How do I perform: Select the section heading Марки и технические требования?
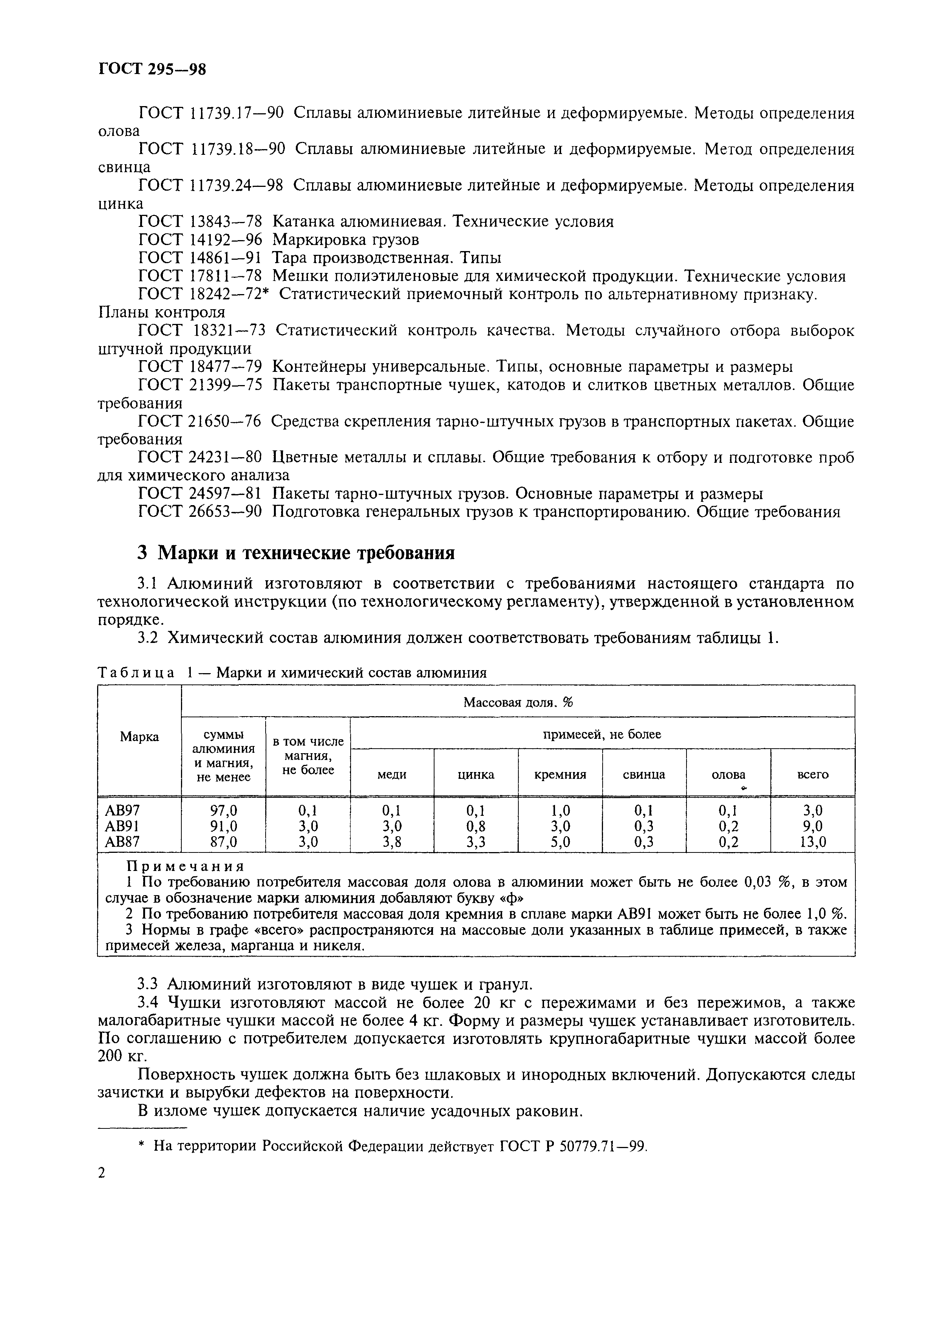click(296, 553)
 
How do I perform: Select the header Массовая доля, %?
click(518, 702)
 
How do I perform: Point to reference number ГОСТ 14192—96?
click(200, 239)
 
